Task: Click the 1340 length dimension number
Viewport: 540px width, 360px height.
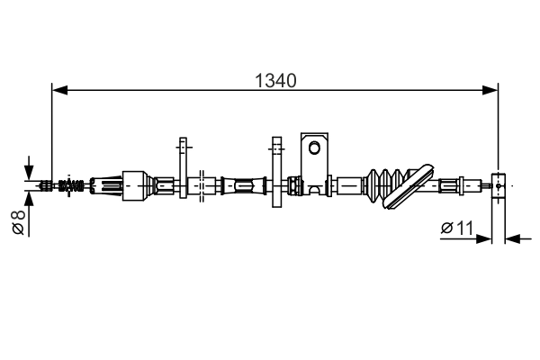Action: tap(275, 81)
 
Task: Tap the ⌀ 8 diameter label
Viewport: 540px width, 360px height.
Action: tap(19, 222)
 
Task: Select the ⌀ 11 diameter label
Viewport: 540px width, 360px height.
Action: tap(457, 228)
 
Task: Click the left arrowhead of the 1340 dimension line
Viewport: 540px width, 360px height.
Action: tap(59, 90)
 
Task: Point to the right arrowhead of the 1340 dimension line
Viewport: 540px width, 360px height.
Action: tap(490, 90)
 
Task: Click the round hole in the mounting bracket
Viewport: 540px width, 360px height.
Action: tap(314, 148)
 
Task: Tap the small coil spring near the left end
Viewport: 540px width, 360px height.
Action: tap(71, 185)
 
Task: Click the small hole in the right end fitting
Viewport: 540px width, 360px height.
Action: tap(499, 185)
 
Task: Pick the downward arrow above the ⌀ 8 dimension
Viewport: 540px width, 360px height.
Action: tap(29, 168)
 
